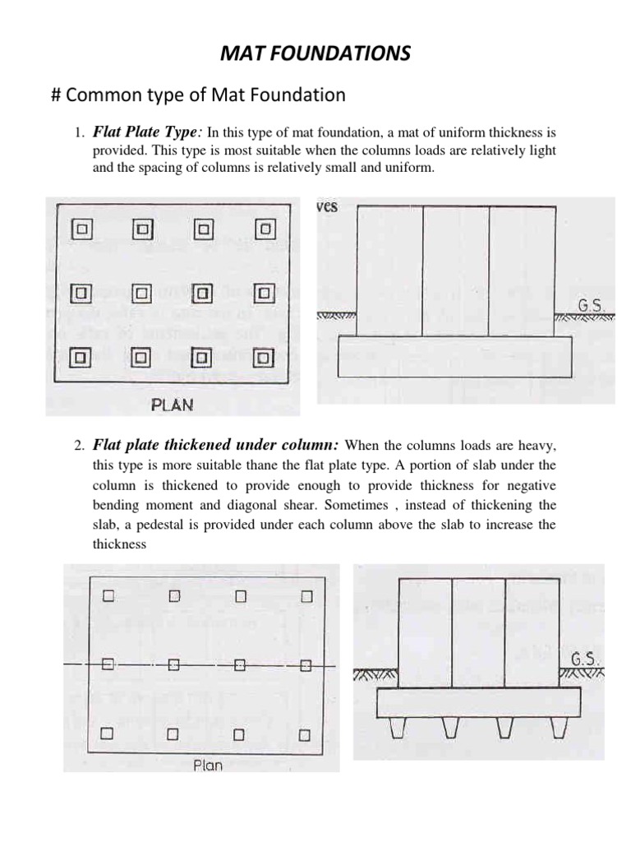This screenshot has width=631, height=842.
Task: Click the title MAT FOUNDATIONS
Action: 316,54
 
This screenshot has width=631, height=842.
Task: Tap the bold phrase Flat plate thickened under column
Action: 215,445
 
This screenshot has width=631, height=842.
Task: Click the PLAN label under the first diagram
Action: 173,405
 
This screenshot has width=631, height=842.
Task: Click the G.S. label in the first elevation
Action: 592,305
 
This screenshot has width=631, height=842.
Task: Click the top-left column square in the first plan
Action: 83,227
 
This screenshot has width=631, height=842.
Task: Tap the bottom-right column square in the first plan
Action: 263,358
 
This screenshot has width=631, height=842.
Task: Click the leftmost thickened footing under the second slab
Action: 398,727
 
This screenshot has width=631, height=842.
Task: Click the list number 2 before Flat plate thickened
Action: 79,446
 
